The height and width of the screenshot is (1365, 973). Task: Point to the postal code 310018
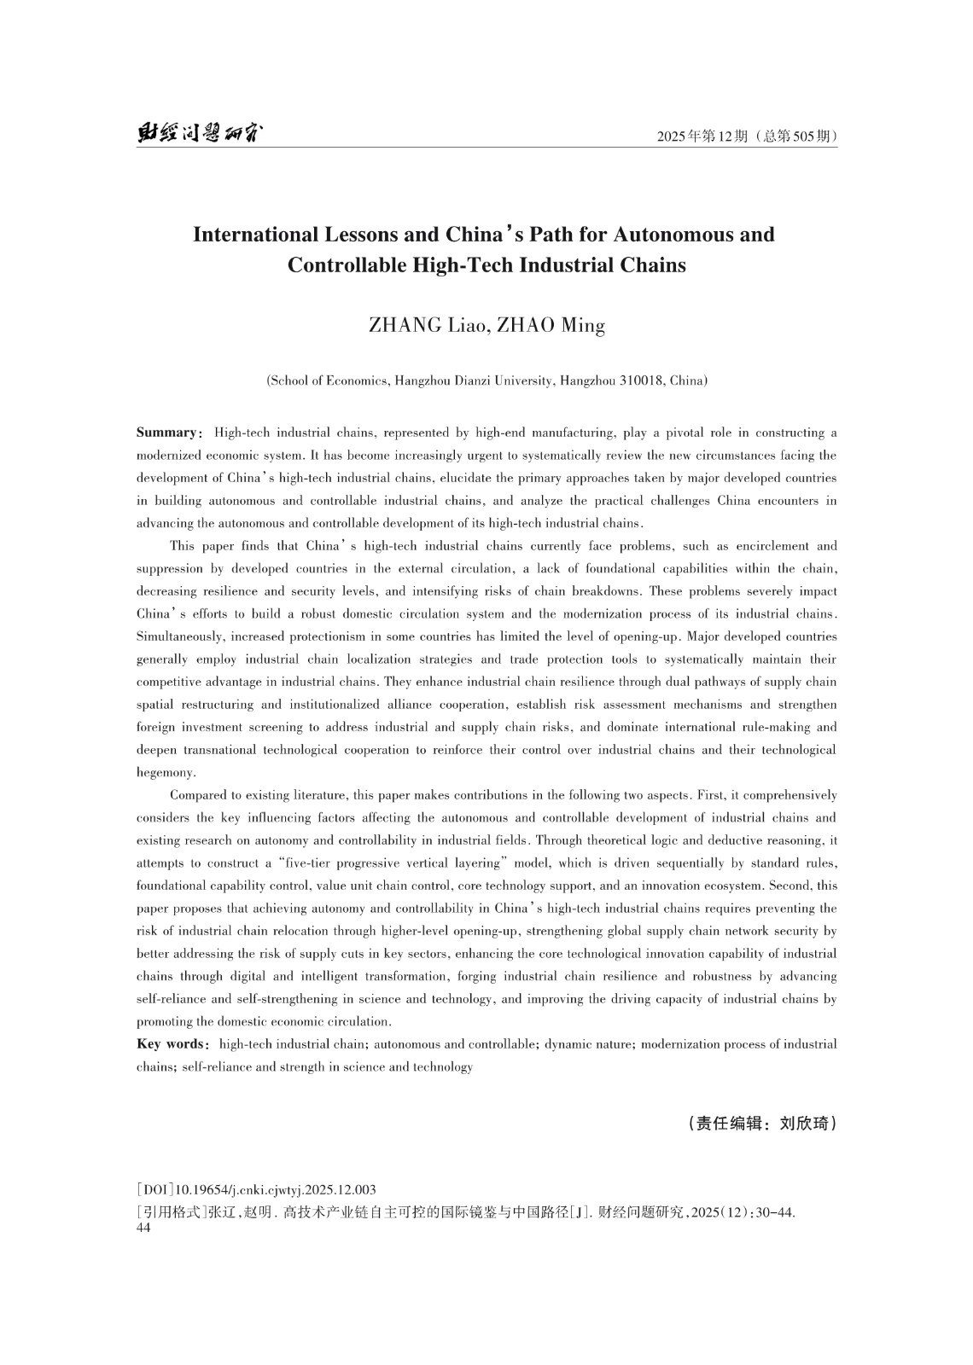(x=640, y=380)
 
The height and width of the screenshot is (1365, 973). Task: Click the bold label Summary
(x=166, y=433)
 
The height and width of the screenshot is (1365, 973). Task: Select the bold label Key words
(x=171, y=1044)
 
